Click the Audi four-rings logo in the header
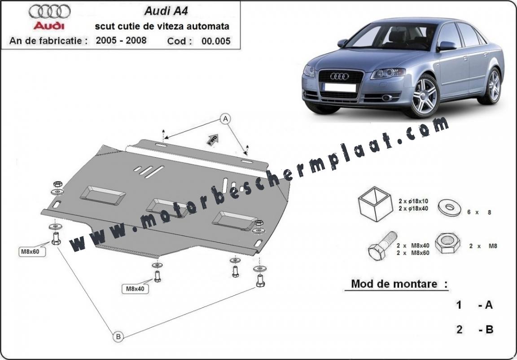tap(49, 12)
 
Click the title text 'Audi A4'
tap(166, 11)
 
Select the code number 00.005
tap(216, 41)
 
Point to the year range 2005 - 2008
tap(121, 40)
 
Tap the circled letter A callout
tap(225, 119)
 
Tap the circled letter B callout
tap(118, 337)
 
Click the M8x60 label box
tap(32, 251)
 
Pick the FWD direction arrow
tap(212, 139)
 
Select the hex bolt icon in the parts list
tap(382, 245)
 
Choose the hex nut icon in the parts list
tap(448, 244)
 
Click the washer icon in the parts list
tap(449, 208)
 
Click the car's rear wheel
tap(492, 85)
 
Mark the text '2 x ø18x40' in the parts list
tap(413, 208)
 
